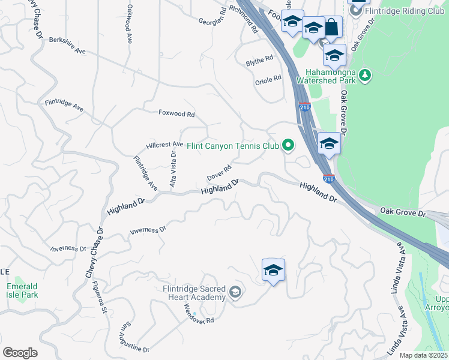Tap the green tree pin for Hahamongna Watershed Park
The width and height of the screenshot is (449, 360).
pyautogui.click(x=364, y=75)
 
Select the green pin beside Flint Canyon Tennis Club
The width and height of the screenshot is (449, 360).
pyautogui.click(x=288, y=145)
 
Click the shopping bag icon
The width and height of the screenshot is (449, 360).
pyautogui.click(x=331, y=28)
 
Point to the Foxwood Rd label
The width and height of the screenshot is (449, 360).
pyautogui.click(x=176, y=113)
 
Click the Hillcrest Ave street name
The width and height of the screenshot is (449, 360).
pyautogui.click(x=165, y=145)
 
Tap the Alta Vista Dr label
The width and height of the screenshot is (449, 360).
pyautogui.click(x=173, y=170)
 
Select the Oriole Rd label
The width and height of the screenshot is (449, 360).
pyautogui.click(x=268, y=79)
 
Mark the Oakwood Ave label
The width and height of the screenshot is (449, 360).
pyautogui.click(x=129, y=24)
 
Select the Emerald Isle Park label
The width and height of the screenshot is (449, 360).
pyautogui.click(x=22, y=290)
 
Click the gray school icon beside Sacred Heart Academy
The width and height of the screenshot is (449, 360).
pyautogui.click(x=235, y=292)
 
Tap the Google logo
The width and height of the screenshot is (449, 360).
pyautogui.click(x=20, y=353)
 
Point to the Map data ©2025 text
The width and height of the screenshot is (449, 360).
pyautogui.click(x=423, y=355)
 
